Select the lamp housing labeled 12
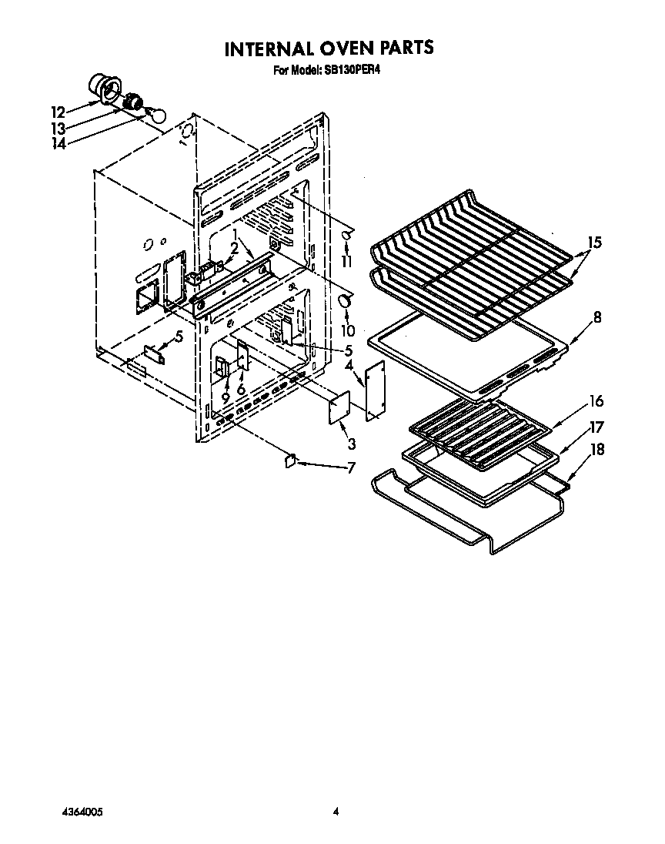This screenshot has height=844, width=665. pyautogui.click(x=100, y=86)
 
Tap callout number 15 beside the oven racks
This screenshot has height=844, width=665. pyautogui.click(x=593, y=243)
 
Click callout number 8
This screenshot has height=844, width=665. pyautogui.click(x=597, y=316)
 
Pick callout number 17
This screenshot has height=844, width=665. pyautogui.click(x=596, y=427)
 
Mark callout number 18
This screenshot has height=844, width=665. pyautogui.click(x=596, y=450)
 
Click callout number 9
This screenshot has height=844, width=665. pyautogui.click(x=226, y=398)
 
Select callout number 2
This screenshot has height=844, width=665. pyautogui.click(x=233, y=249)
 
